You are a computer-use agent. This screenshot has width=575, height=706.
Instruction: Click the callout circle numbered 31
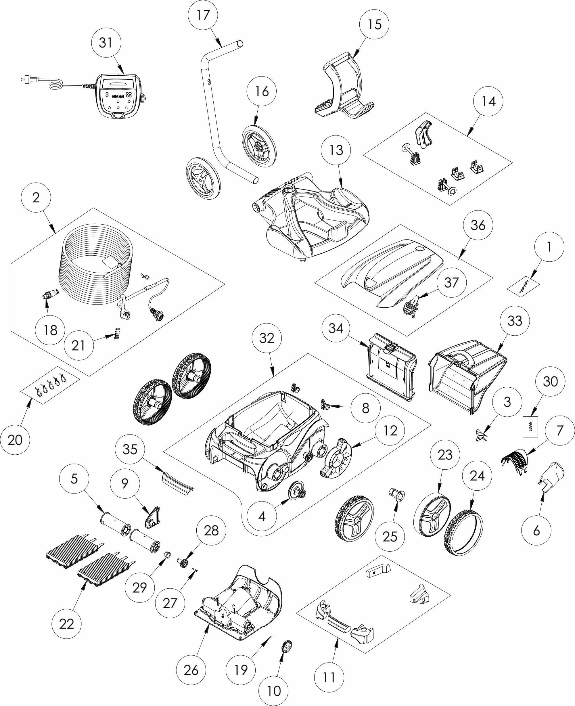tap(106, 43)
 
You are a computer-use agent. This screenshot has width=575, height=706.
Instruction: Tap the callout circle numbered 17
tap(203, 15)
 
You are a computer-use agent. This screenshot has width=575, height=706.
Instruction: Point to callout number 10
tap(274, 691)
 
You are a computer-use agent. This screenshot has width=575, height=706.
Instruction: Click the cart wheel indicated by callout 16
tap(259, 146)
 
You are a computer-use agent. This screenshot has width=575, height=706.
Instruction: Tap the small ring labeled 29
tap(168, 555)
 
